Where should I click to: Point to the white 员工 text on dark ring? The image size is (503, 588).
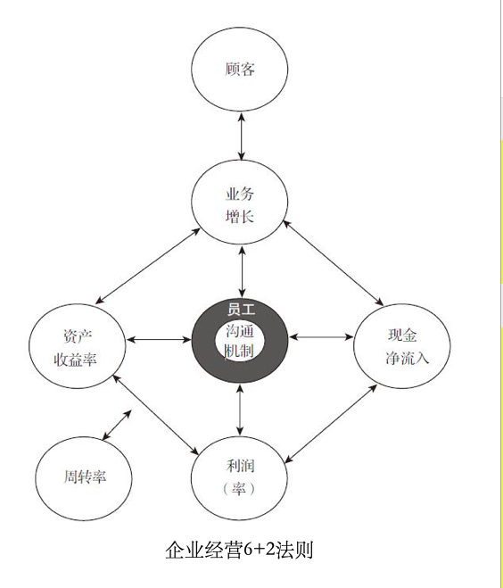(x=241, y=310)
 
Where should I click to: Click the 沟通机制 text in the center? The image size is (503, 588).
(x=240, y=341)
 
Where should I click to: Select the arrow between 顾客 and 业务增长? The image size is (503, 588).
(x=242, y=137)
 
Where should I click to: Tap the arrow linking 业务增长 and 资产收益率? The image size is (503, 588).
(x=148, y=266)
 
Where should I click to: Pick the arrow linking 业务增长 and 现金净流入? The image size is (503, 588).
(x=334, y=263)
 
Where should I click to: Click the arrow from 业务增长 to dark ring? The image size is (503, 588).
(x=242, y=271)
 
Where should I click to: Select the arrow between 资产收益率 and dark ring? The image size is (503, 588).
(x=159, y=340)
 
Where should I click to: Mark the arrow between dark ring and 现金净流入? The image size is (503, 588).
(x=321, y=336)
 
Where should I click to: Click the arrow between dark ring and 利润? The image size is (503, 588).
(x=240, y=410)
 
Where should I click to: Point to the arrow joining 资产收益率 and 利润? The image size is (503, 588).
(x=155, y=414)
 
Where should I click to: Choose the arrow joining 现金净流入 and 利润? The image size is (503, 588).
(x=331, y=424)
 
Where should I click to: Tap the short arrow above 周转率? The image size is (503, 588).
(x=117, y=425)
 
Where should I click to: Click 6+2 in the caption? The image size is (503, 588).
(x=259, y=551)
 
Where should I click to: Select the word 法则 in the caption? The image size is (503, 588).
(x=294, y=551)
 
